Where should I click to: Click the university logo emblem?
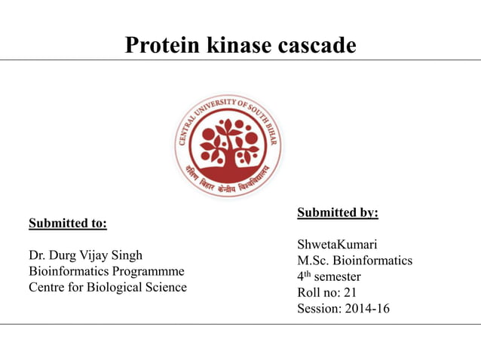[228, 145]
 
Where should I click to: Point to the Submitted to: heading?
[67, 224]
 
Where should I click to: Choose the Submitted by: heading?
[338, 213]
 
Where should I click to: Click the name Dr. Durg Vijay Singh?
[84, 255]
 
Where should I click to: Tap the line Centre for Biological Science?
[107, 287]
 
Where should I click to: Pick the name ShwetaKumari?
[337, 245]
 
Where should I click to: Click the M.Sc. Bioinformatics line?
[354, 261]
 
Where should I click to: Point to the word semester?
[337, 276]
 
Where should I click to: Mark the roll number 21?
[360, 292]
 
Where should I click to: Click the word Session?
[317, 308]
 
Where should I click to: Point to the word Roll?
[309, 292]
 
